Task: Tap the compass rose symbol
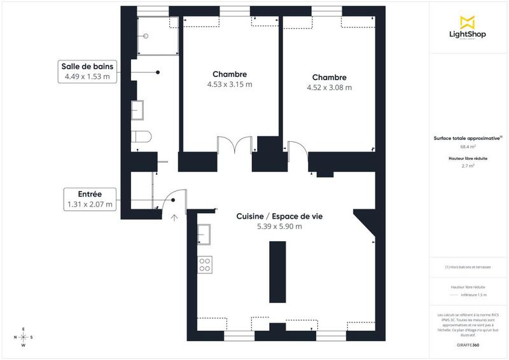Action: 24,337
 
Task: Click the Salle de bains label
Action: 87,67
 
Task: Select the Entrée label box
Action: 90,199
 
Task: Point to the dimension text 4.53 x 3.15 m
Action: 230,84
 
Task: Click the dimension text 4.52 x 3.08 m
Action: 329,88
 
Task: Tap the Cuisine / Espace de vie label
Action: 279,216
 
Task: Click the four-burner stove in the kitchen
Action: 205,265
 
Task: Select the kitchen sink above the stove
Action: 204,235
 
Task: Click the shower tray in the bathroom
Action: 157,36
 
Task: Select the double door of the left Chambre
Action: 235,145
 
